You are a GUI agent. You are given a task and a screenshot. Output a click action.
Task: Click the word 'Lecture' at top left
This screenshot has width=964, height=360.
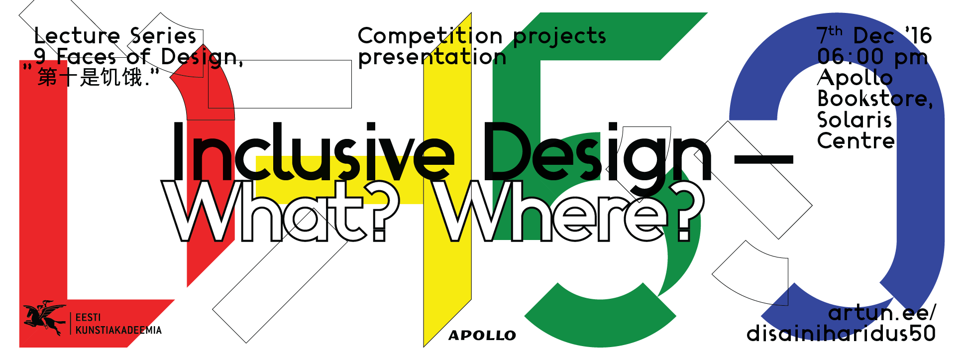77,36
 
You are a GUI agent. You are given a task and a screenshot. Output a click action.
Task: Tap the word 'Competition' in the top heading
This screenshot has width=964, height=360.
430,36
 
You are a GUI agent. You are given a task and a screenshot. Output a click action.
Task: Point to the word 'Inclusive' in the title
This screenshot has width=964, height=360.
313,151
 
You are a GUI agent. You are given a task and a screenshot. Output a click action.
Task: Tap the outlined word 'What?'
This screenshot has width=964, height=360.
281,211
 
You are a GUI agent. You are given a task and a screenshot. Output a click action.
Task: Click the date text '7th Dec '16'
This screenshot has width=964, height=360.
874,35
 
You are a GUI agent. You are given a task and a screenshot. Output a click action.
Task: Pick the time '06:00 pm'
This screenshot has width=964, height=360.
872,57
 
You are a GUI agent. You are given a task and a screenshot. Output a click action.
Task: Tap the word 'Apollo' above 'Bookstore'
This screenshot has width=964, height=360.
855,78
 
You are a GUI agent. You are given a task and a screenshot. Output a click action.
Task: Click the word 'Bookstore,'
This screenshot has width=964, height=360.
875,99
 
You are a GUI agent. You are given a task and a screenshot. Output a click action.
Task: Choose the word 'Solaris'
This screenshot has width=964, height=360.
855,120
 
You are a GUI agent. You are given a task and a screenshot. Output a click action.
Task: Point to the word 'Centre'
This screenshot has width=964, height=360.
856,141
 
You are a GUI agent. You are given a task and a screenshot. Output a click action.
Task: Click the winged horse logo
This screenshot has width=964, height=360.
44,318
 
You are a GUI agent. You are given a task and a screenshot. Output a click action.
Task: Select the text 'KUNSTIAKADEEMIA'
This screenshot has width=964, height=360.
118,330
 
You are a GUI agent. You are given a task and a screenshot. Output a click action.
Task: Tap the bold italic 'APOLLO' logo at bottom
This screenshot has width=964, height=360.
482,336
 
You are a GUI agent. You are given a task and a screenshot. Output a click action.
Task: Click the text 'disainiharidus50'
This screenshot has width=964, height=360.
841,334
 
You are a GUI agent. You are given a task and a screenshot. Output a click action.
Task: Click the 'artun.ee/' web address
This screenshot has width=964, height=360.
882,313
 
